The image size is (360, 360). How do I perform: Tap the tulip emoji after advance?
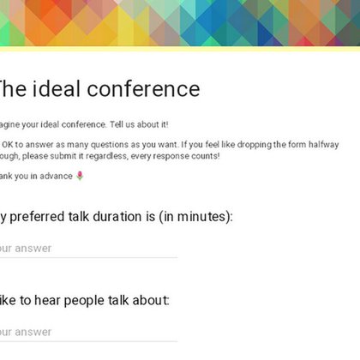pos(80,176)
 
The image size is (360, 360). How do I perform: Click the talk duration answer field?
pos(86,249)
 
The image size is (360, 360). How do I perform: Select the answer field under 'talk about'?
pos(86,332)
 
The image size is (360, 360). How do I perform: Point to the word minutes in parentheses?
pos(203,216)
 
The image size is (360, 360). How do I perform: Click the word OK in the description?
pos(9,143)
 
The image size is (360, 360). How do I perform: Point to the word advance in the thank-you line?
pos(57,176)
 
